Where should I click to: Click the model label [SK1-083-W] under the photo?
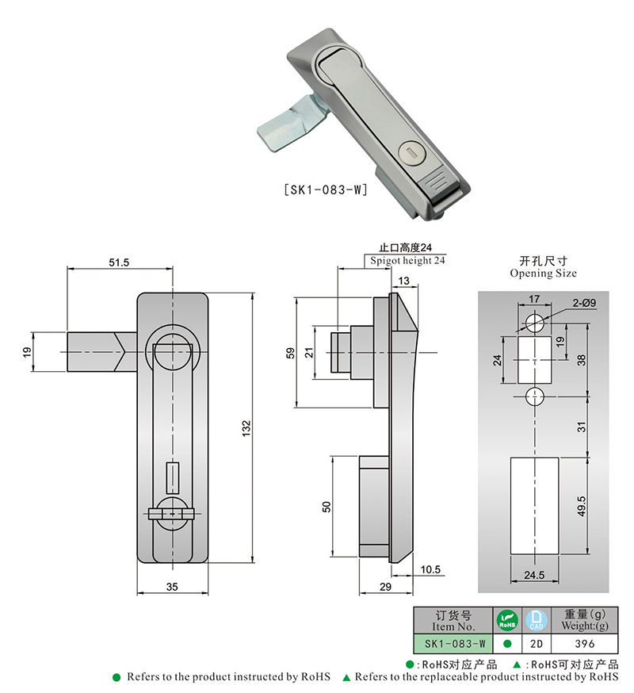pos(325,190)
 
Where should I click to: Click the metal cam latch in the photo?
pos(290,124)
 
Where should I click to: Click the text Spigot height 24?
pos(407,261)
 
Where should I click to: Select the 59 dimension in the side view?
pos(290,351)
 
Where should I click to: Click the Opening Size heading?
pos(543,273)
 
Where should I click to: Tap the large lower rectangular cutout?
pos(534,504)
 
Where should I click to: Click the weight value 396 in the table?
pos(585,644)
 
